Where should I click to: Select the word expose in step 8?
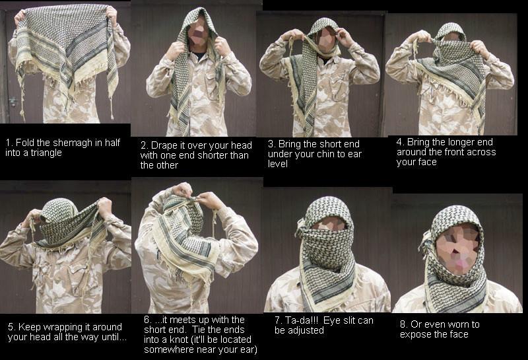click(x=416, y=334)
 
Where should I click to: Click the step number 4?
click(x=400, y=142)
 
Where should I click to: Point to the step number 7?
click(x=278, y=320)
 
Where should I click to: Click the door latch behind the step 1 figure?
click(x=13, y=101)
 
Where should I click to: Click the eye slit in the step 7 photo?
click(x=329, y=225)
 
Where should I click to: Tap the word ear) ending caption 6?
click(x=249, y=349)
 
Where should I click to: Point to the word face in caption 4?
click(x=427, y=162)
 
